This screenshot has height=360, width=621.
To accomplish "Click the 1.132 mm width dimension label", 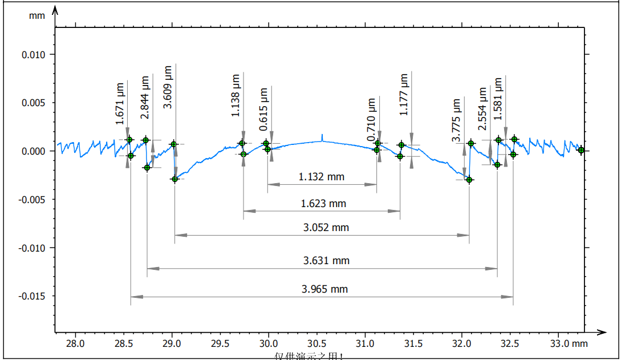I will click(322, 177).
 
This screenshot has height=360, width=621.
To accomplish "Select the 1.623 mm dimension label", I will click(323, 204).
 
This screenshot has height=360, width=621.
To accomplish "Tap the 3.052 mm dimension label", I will click(325, 228).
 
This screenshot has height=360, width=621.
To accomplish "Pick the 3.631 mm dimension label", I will click(326, 261).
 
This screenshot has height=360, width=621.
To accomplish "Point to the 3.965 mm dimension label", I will click(324, 289).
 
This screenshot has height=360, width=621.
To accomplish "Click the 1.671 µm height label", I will click(120, 104).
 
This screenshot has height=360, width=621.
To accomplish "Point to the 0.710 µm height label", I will click(371, 120).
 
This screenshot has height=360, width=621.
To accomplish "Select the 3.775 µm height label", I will click(456, 120).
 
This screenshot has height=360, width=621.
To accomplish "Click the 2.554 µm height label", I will click(482, 108).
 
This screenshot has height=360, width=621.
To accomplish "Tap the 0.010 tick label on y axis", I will click(36, 55).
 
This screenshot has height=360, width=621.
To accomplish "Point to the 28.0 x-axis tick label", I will click(75, 343).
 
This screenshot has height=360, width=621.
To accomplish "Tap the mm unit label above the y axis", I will click(36, 16).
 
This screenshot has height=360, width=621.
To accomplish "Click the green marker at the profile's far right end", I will click(581, 150).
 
